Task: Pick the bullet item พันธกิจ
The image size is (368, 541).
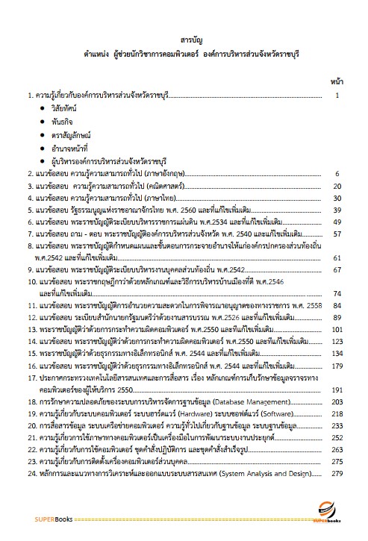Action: click(61, 122)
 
